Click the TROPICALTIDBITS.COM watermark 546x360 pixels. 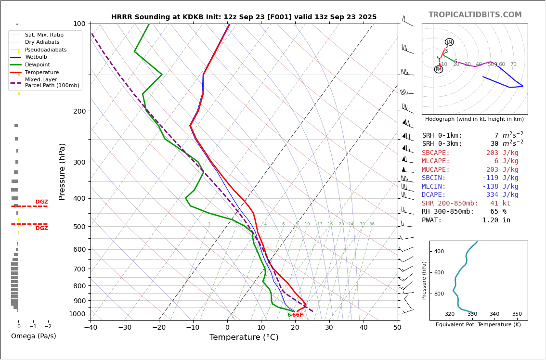click(x=475, y=15)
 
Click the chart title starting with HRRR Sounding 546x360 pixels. click(x=244, y=17)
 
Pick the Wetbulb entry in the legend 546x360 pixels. click(x=36, y=57)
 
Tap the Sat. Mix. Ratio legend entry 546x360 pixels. click(x=44, y=35)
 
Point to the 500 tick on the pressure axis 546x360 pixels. click(x=79, y=227)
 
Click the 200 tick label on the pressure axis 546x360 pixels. click(x=79, y=111)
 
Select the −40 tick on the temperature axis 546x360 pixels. click(x=91, y=328)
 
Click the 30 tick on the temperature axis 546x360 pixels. click(x=329, y=328)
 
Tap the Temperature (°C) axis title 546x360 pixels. click(x=244, y=337)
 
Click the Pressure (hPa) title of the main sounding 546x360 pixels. click(x=62, y=171)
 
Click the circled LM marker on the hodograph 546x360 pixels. click(x=449, y=42)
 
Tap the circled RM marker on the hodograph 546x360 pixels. click(x=438, y=69)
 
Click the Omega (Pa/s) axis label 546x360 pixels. click(x=33, y=336)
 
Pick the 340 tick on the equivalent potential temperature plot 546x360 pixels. click(x=494, y=314)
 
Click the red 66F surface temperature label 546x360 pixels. click(x=298, y=315)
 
